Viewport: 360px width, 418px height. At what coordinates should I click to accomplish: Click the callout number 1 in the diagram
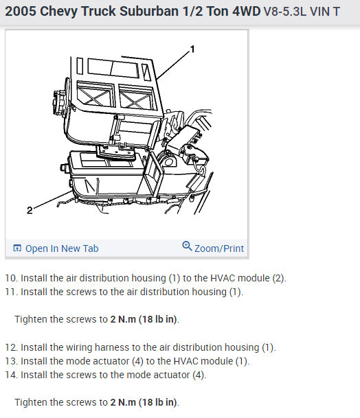point(192,49)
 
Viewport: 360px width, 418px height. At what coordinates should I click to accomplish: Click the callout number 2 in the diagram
point(30,210)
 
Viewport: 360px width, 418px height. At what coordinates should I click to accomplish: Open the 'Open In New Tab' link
point(62,248)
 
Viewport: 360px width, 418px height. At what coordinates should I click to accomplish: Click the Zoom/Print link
point(219,248)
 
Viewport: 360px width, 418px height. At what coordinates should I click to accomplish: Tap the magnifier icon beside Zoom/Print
point(187,246)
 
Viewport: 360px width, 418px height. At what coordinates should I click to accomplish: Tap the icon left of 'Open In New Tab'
point(17,248)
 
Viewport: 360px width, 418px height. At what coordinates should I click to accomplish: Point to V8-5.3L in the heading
point(285,12)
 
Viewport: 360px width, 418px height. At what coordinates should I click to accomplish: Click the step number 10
point(12,278)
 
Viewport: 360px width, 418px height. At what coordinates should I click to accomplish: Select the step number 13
point(12,361)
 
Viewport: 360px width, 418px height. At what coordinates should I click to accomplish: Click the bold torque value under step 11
point(144,319)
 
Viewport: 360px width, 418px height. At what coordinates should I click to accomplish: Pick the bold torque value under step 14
point(144,402)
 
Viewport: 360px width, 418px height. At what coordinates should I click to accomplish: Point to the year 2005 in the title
point(21,12)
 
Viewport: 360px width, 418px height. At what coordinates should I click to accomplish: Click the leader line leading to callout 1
point(173,65)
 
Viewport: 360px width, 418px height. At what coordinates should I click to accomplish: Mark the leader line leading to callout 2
point(53,199)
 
